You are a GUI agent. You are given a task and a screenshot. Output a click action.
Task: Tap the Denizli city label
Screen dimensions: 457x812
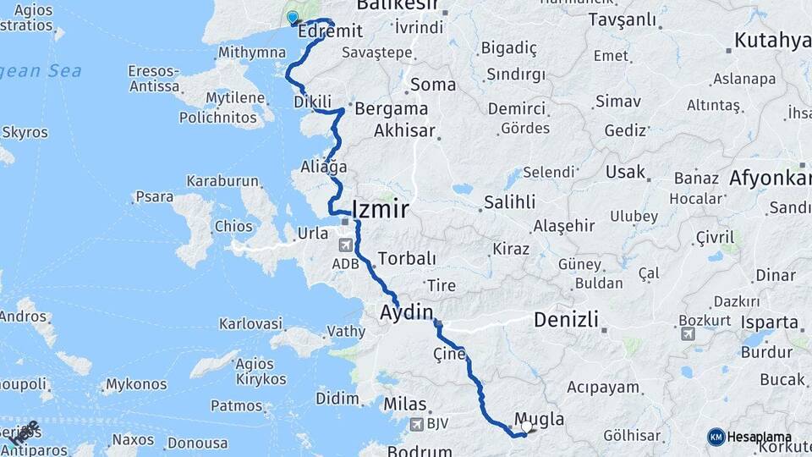pyautogui.click(x=566, y=320)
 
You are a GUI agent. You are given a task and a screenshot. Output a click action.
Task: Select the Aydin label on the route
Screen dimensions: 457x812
pyautogui.click(x=406, y=311)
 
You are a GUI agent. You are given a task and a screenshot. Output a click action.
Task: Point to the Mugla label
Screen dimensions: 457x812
pyautogui.click(x=539, y=419)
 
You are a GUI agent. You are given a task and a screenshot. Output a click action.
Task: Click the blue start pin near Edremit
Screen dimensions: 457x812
pyautogui.click(x=293, y=17)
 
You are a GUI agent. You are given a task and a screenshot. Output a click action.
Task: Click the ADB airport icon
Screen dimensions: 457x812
pyautogui.click(x=345, y=246)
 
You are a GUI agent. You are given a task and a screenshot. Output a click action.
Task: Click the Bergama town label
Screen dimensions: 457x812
pyautogui.click(x=392, y=109)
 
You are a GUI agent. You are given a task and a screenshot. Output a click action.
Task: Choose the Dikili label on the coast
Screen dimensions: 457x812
pyautogui.click(x=312, y=102)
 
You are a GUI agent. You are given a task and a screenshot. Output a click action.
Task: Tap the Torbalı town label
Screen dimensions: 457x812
pyautogui.click(x=407, y=258)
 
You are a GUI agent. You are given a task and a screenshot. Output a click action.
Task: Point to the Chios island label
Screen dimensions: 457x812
pyautogui.click(x=233, y=227)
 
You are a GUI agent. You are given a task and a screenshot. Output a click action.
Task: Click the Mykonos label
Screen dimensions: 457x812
pyautogui.click(x=136, y=385)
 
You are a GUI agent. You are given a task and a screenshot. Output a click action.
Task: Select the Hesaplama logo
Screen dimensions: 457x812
pyautogui.click(x=749, y=437)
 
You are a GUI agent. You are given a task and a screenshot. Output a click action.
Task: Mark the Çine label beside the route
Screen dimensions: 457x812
pyautogui.click(x=449, y=354)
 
